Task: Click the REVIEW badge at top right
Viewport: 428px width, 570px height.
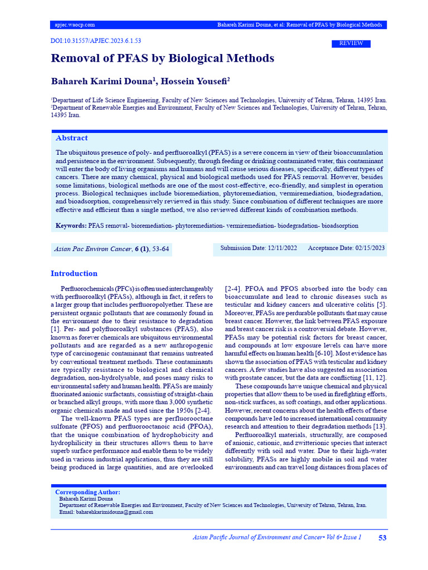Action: pos(351,43)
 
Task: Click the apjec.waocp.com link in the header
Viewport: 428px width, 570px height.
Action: pos(75,25)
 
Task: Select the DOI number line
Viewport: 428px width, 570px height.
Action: pos(96,41)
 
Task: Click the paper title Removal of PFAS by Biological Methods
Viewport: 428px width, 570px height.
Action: pos(162,58)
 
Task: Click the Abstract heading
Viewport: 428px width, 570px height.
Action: pos(71,138)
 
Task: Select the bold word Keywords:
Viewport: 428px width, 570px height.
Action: pos(71,226)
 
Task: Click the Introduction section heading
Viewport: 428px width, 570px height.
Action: pos(74,273)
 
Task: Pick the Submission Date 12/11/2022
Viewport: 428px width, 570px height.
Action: pos(259,248)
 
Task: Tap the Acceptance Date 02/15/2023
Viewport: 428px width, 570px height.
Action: pos(346,248)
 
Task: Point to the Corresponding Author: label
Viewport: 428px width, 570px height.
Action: pos(87,492)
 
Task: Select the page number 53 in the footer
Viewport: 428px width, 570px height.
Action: pos(382,538)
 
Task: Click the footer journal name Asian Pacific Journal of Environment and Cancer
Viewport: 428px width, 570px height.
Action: pos(257,538)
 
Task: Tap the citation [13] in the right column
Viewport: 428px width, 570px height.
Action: pos(379,426)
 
